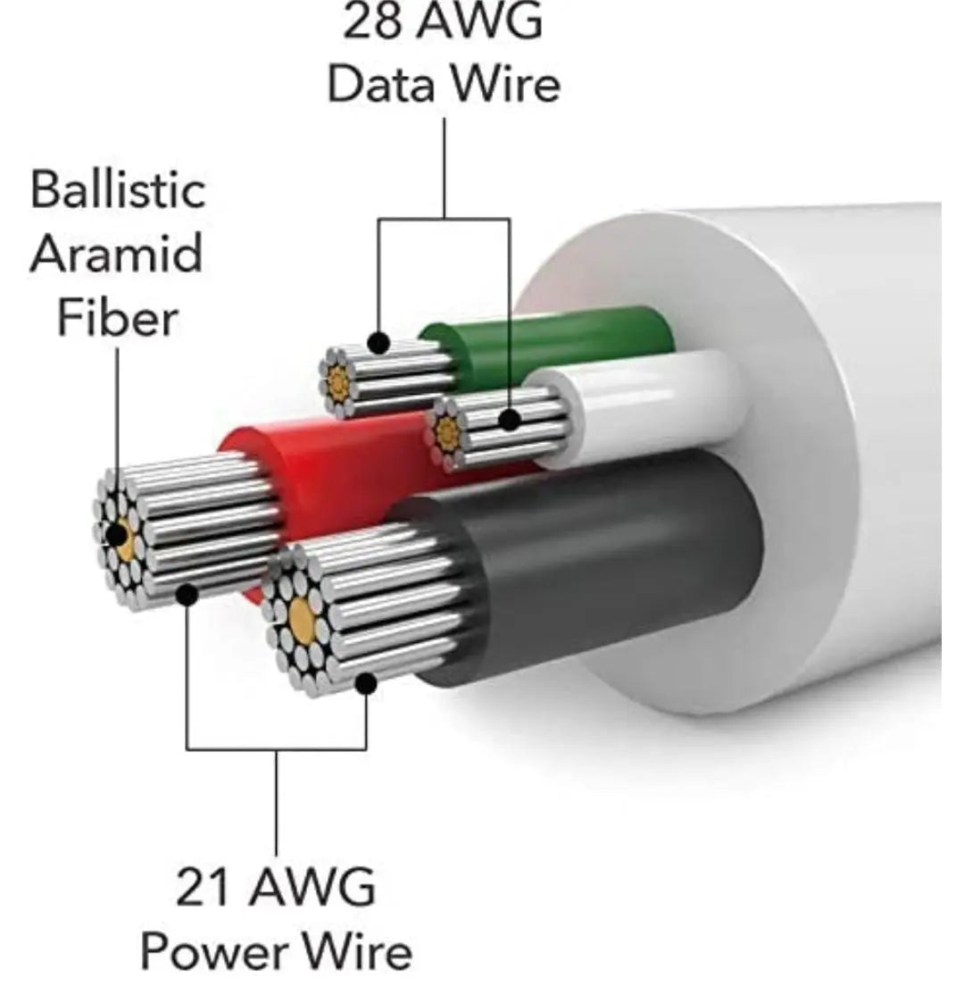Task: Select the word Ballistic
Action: (x=118, y=191)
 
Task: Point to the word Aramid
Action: (x=116, y=255)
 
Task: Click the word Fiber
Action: (x=117, y=318)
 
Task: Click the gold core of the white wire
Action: (x=447, y=433)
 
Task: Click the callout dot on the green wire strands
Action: (x=378, y=342)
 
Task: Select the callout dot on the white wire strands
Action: (x=510, y=419)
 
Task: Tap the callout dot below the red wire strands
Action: (x=187, y=593)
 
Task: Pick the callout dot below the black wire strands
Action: (x=365, y=684)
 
